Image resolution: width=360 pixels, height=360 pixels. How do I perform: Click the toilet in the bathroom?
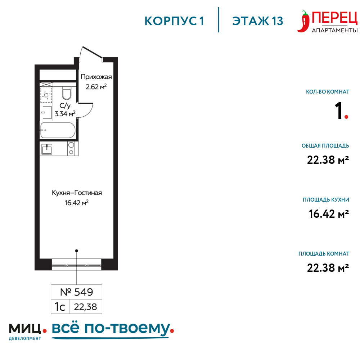pyautogui.click(x=67, y=93)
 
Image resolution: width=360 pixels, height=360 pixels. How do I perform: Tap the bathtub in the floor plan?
pyautogui.click(x=58, y=130)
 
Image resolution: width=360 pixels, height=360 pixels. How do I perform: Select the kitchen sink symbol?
pyautogui.click(x=47, y=149)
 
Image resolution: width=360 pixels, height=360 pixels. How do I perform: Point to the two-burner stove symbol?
pyautogui.click(x=71, y=149)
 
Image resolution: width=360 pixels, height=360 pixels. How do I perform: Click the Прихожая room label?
pyautogui.click(x=96, y=77)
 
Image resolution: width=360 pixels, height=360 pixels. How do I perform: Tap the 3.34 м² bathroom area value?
pyautogui.click(x=65, y=113)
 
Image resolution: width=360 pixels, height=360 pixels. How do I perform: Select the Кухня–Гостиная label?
pyautogui.click(x=77, y=193)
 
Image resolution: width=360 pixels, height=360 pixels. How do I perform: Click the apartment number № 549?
pyautogui.click(x=76, y=292)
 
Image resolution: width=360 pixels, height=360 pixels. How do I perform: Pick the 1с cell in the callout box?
pyautogui.click(x=60, y=307)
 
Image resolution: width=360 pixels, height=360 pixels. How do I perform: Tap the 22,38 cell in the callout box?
pyautogui.click(x=85, y=307)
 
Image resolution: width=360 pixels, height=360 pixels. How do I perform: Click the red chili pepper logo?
pyautogui.click(x=303, y=22)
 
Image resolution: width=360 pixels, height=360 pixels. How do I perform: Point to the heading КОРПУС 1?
pyautogui.click(x=174, y=21)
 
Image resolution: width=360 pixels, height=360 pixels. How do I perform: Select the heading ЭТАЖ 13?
pyautogui.click(x=258, y=21)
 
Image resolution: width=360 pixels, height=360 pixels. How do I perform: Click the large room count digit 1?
pyautogui.click(x=339, y=111)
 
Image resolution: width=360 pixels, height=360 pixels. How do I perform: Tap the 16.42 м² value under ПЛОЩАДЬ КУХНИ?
pyautogui.click(x=329, y=214)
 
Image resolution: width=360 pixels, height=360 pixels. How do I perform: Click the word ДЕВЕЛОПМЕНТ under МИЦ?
pyautogui.click(x=25, y=338)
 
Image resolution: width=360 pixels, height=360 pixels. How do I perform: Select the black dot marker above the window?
pyautogui.click(x=77, y=251)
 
